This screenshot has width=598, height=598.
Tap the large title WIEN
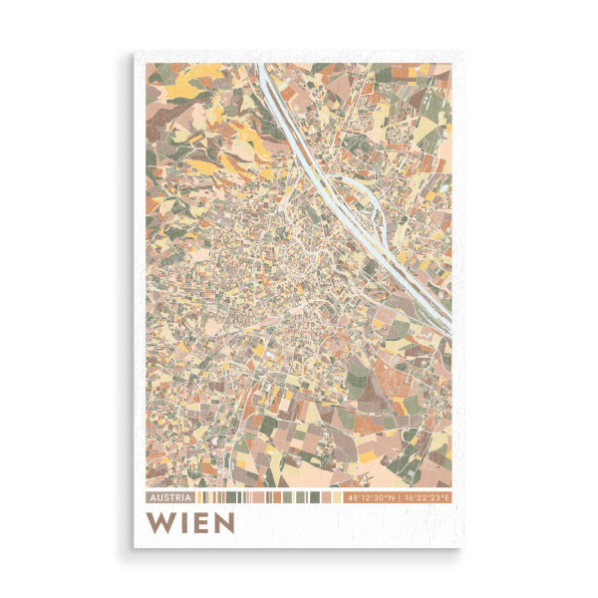pos(190,522)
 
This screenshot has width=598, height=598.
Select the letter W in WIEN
pos(158,522)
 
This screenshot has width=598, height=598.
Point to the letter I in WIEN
pos(181,522)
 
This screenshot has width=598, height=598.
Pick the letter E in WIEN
pos(198,522)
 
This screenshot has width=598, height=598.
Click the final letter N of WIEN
pos(222,522)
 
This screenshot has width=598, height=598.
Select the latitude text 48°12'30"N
pos(371,496)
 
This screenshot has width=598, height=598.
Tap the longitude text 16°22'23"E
pos(427,496)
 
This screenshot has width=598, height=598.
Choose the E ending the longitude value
pos(448,496)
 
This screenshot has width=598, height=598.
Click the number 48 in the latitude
pos(350,496)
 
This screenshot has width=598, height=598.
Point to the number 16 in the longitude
pos(407,496)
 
